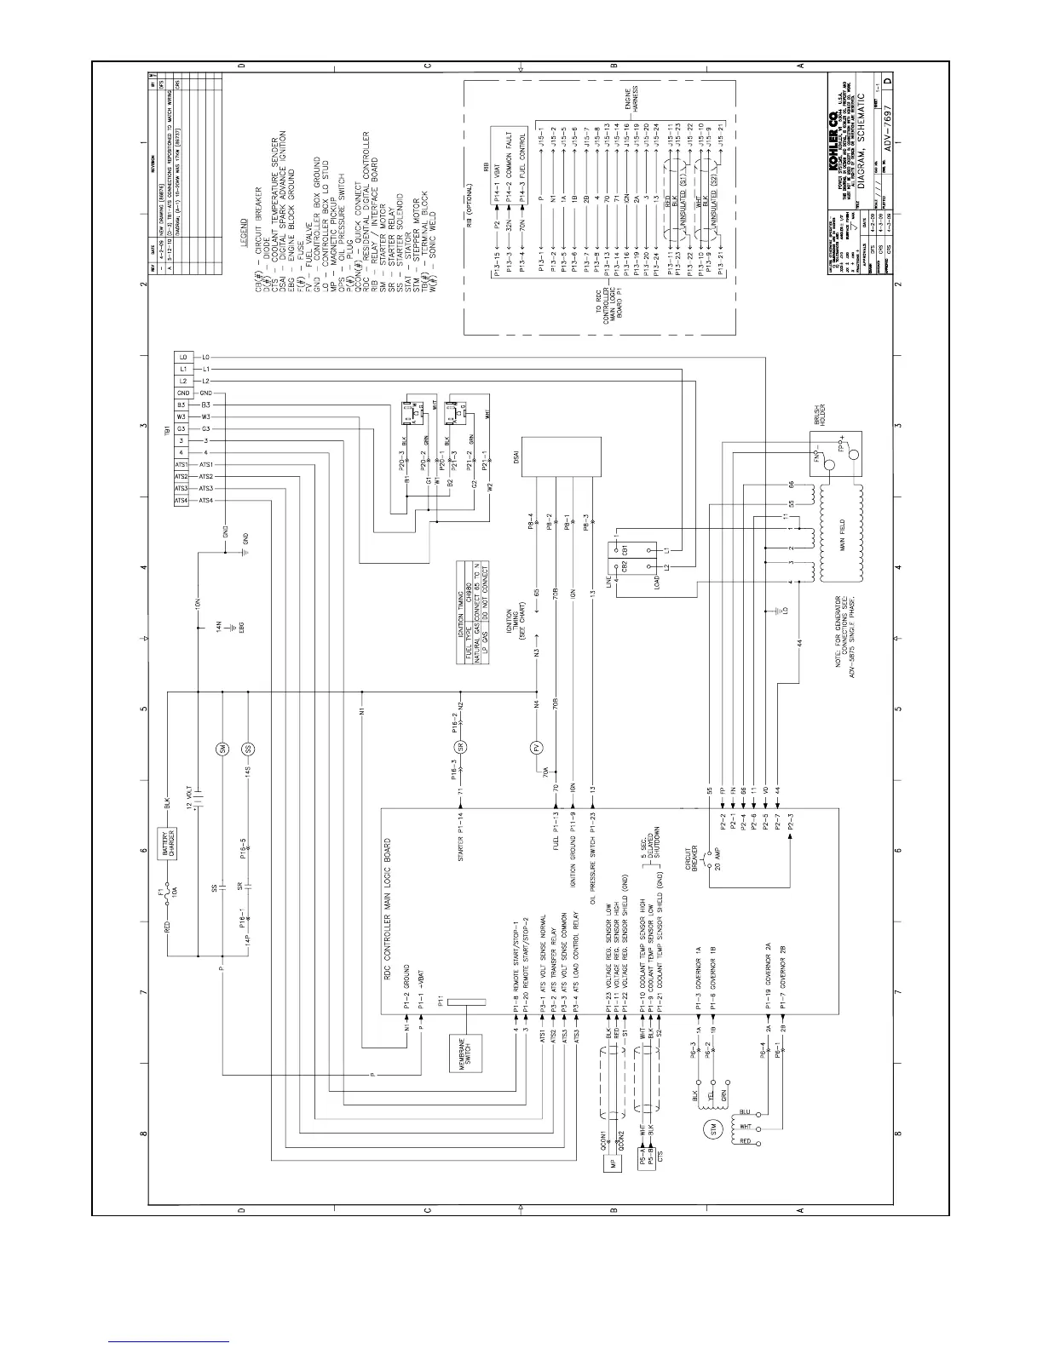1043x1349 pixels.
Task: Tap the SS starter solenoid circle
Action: pos(249,749)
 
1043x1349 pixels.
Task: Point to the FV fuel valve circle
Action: pos(537,749)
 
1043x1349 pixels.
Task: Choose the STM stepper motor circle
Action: pos(713,1128)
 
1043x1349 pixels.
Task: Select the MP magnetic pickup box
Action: pos(610,1164)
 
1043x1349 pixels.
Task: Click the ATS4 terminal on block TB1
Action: pos(182,501)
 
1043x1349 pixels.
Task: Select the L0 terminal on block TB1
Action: pos(182,357)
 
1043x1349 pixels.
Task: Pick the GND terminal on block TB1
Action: pos(182,393)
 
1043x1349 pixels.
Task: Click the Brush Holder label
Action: pos(823,415)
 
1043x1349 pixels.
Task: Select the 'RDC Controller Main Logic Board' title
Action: pos(393,899)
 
